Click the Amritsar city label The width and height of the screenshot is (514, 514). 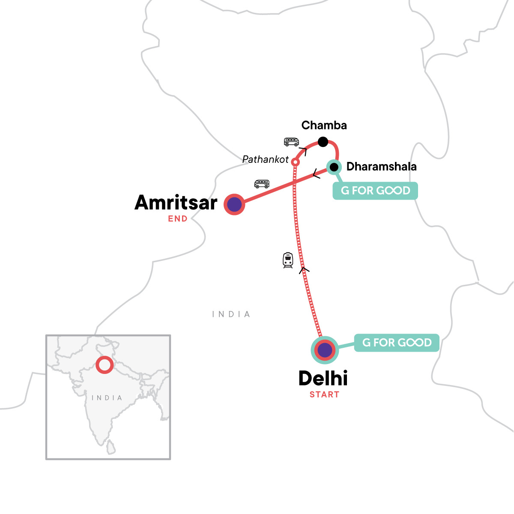176,203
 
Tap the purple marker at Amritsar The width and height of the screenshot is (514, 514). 234,204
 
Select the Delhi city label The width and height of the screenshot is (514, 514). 323,378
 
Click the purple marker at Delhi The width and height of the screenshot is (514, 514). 325,350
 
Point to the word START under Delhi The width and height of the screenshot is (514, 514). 324,394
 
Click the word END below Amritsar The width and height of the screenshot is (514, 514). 178,219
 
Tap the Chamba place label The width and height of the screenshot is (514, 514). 324,126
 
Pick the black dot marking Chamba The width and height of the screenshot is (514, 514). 323,142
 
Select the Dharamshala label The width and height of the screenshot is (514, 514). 381,167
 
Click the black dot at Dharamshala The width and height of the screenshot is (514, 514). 334,167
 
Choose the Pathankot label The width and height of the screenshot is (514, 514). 266,159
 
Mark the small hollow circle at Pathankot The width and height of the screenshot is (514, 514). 295,162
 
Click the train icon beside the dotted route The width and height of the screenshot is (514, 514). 288,260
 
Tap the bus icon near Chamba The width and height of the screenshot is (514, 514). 291,142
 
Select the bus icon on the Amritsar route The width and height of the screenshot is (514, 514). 262,184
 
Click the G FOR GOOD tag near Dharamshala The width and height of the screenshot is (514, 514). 375,191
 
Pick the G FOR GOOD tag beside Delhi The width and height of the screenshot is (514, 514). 397,343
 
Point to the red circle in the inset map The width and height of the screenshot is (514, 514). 104,365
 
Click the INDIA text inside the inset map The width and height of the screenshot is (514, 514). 107,398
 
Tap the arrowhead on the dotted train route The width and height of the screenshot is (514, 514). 304,269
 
